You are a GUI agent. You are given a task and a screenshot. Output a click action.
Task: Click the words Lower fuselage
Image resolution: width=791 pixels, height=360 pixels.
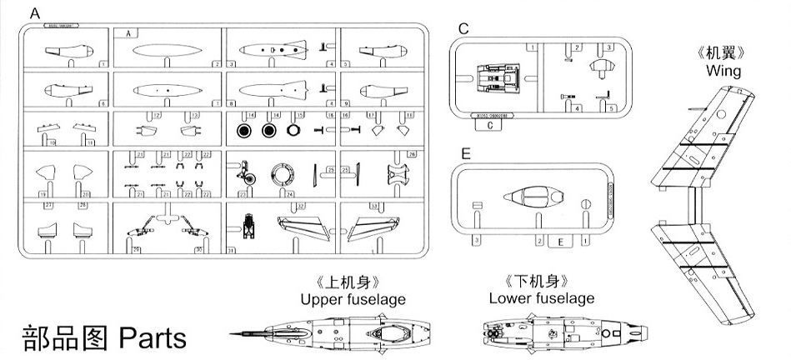(x=542, y=297)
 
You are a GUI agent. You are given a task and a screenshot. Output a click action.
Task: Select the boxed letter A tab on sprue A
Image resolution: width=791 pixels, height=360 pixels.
(x=129, y=33)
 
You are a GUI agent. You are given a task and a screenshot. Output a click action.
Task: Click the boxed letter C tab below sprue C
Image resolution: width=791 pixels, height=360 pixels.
(x=490, y=126)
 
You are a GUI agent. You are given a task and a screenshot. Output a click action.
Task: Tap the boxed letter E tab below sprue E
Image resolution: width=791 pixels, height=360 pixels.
(x=561, y=242)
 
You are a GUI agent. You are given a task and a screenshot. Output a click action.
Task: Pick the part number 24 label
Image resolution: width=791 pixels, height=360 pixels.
(x=289, y=194)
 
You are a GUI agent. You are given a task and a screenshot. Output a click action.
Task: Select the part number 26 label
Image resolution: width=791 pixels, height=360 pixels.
(x=411, y=155)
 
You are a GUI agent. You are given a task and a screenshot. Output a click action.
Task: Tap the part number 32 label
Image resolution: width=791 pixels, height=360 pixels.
(x=301, y=205)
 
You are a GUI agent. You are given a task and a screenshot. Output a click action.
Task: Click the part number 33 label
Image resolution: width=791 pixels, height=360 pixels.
(x=373, y=205)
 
